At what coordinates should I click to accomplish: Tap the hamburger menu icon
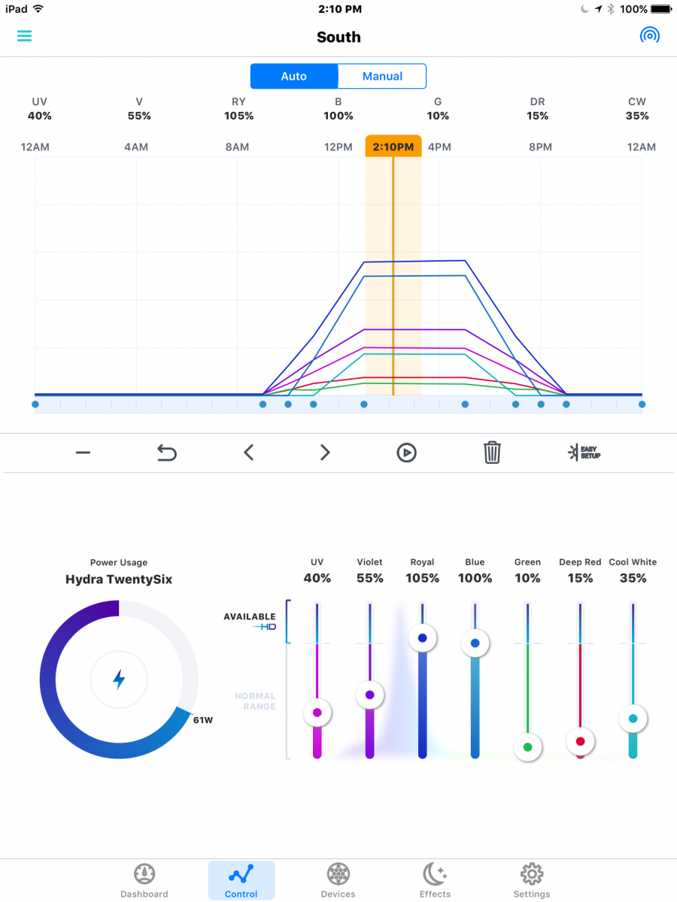pyautogui.click(x=24, y=36)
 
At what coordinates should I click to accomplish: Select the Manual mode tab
pyautogui.click(x=382, y=76)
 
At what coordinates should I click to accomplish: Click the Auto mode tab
pyautogui.click(x=294, y=76)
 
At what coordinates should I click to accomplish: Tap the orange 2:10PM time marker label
pyautogui.click(x=393, y=147)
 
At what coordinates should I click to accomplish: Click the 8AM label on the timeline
pyautogui.click(x=237, y=147)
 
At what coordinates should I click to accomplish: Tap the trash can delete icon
pyautogui.click(x=492, y=453)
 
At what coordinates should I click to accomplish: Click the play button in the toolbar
pyautogui.click(x=406, y=453)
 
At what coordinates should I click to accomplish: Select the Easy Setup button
pyautogui.click(x=584, y=453)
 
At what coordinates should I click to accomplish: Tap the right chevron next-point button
pyautogui.click(x=325, y=453)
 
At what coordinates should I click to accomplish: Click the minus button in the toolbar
pyautogui.click(x=83, y=453)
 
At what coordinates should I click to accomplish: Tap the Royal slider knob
pyautogui.click(x=422, y=638)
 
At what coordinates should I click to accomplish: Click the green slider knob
pyautogui.click(x=528, y=747)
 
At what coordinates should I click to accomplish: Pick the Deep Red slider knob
pyautogui.click(x=581, y=741)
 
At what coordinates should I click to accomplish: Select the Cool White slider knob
pyautogui.click(x=633, y=719)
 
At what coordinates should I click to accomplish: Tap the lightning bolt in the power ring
pyautogui.click(x=119, y=680)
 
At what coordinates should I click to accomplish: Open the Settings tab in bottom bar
pyautogui.click(x=532, y=880)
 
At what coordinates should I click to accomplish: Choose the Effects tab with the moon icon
pyautogui.click(x=435, y=880)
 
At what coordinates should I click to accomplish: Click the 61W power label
pyautogui.click(x=203, y=720)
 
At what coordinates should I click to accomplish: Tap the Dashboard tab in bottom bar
pyautogui.click(x=144, y=880)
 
